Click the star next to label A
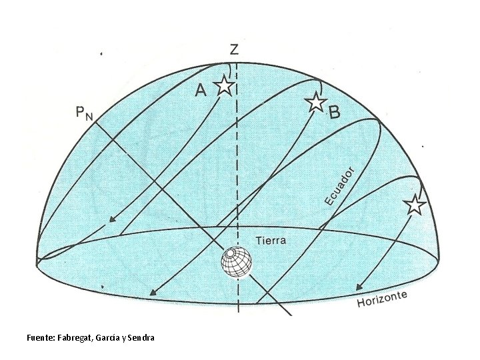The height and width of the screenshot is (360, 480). coord(224,85)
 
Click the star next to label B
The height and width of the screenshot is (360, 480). coord(315,102)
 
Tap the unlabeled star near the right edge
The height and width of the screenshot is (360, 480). coord(415,205)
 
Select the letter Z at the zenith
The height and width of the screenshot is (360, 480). coord(234,49)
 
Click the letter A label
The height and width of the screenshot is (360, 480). coord(200,92)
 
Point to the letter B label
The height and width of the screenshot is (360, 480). coord(335,113)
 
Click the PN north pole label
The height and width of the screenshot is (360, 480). coord(83,113)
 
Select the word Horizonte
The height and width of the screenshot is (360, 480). coord(383,299)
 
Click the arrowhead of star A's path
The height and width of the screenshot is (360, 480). coord(113,221)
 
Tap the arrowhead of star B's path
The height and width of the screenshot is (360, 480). coord(153,292)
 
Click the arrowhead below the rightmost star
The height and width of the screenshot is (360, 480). coord(360,286)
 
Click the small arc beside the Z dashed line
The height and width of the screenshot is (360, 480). coord(230,70)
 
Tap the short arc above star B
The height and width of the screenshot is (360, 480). coord(320,87)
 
